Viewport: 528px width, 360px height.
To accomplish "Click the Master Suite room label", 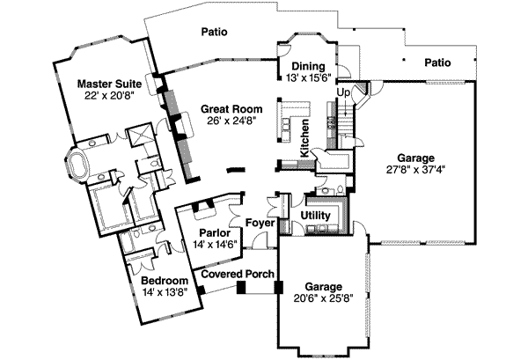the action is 109,84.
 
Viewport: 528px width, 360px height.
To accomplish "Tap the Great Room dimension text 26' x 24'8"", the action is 231,121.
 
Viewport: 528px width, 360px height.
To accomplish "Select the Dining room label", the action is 308,66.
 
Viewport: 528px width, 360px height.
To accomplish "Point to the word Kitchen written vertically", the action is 304,138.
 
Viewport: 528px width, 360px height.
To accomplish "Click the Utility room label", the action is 316,216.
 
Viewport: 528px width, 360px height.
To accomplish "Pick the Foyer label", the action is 260,223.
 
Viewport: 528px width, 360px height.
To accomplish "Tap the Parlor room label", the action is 215,233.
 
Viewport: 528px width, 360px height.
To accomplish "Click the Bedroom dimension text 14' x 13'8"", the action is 165,292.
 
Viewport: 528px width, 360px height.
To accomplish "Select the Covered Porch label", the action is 238,274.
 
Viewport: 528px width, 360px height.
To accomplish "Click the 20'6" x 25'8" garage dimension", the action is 323,298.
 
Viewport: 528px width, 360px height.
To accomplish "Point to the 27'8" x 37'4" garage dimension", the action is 416,169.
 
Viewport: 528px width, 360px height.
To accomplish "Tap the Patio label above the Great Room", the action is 214,32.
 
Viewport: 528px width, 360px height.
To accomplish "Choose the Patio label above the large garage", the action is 437,62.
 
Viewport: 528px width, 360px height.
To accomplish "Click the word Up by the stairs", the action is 343,92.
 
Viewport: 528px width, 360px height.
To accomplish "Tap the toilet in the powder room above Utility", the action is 340,189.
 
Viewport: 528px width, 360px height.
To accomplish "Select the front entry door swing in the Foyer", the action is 260,239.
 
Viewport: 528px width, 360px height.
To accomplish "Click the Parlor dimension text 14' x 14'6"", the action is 215,244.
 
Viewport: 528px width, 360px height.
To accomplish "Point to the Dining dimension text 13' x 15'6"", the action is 309,77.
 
